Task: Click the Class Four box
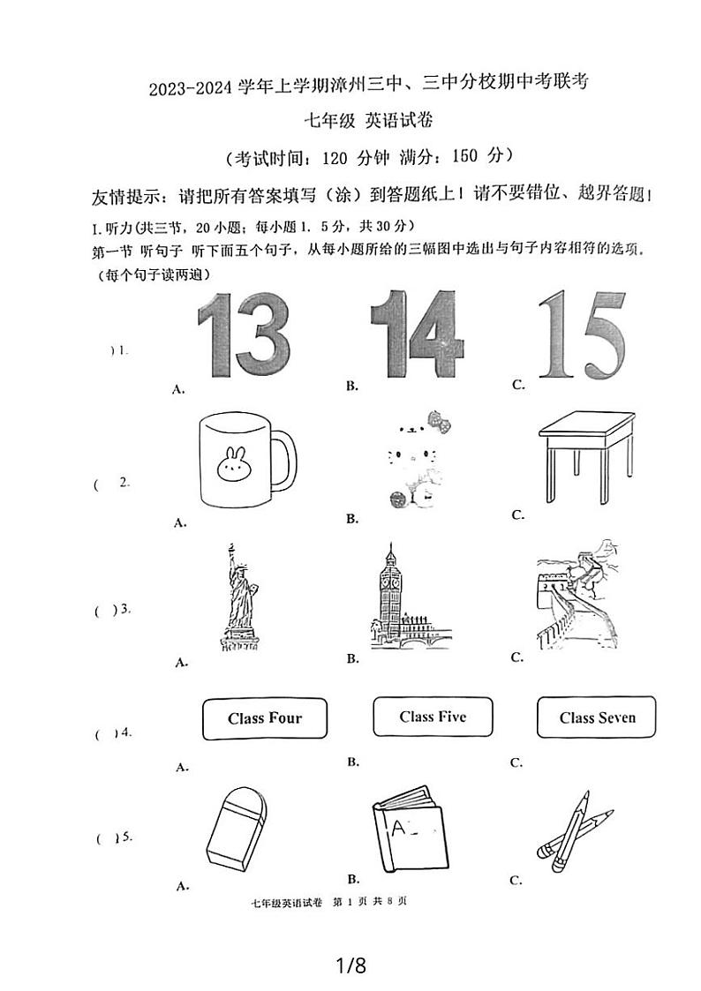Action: (265, 718)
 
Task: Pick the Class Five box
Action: (433, 717)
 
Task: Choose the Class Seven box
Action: (597, 717)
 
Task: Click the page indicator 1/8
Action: (350, 965)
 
